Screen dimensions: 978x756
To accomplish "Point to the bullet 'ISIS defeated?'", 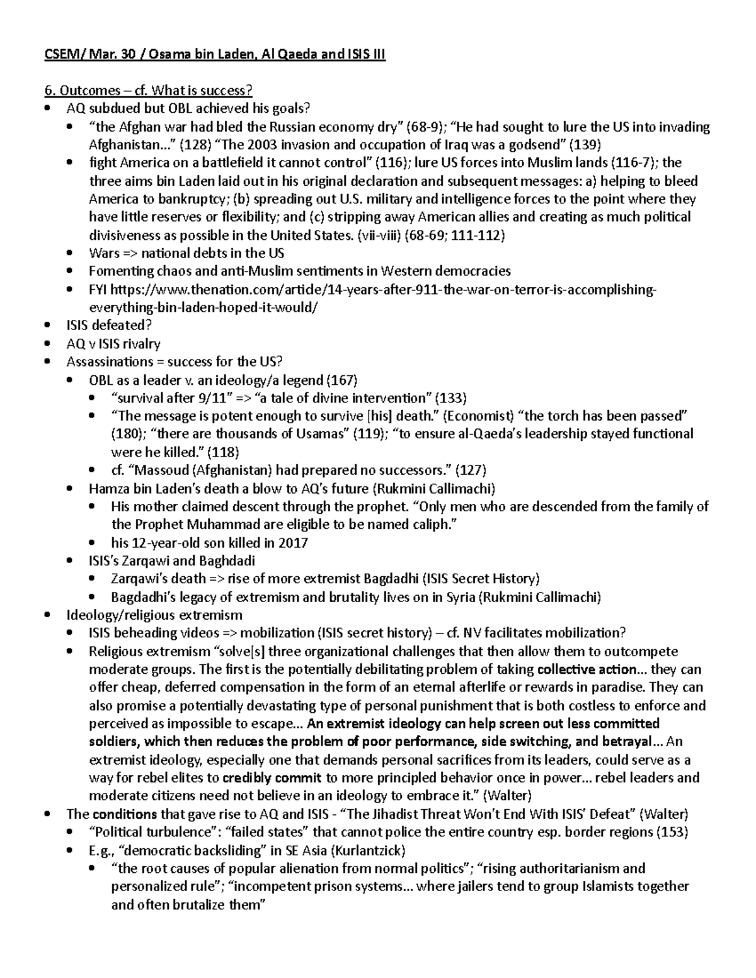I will [x=110, y=326].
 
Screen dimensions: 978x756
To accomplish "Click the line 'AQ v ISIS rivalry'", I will [x=113, y=344].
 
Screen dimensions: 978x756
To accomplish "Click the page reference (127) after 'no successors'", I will [x=470, y=470].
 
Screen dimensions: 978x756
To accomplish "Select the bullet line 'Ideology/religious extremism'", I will [x=154, y=615].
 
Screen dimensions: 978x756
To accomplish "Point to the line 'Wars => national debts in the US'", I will [x=186, y=254].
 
